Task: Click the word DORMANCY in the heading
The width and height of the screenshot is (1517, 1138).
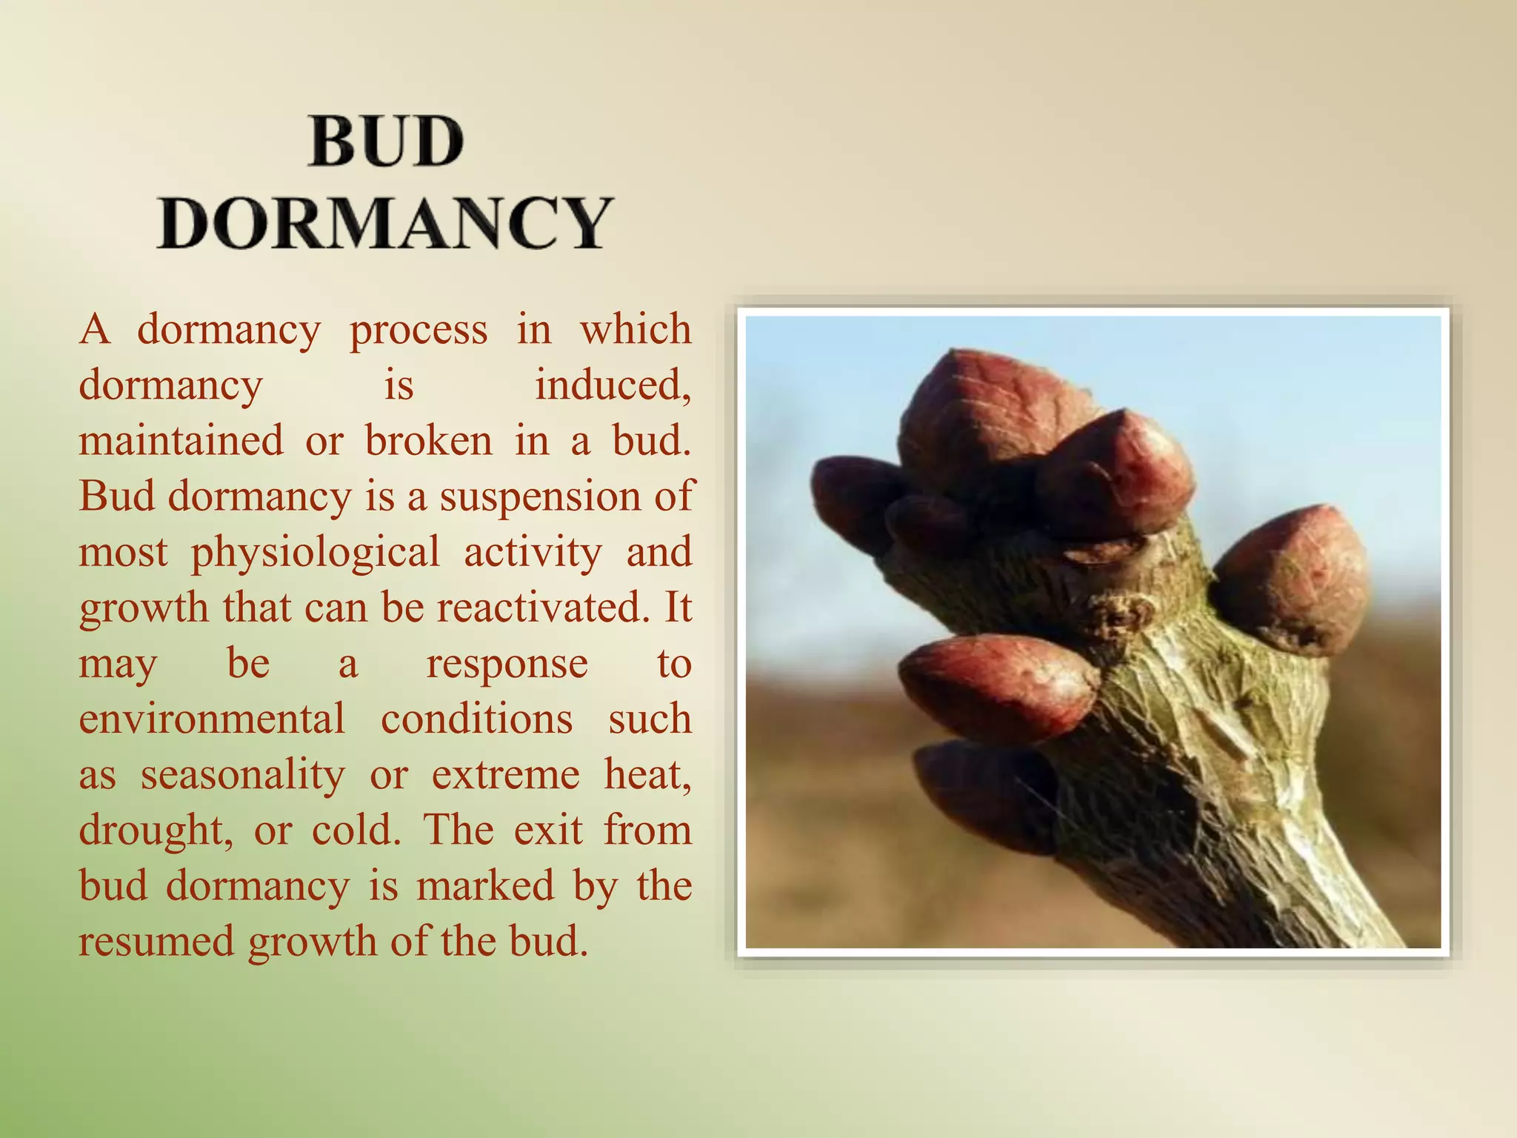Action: (x=385, y=222)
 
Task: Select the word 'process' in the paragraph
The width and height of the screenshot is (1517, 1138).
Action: (x=419, y=330)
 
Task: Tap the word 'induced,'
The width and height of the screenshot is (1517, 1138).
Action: (x=613, y=385)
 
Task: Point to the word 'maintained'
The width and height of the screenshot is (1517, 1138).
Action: (x=181, y=441)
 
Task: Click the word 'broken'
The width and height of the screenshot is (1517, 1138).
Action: (x=429, y=441)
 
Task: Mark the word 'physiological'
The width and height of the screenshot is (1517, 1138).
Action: (x=316, y=553)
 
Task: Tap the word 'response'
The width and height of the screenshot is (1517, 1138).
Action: (x=507, y=665)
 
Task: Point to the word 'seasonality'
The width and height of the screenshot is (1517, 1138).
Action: (x=243, y=776)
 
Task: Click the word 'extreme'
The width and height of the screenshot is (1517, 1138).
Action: (x=506, y=776)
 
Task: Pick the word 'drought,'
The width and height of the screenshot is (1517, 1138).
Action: (x=156, y=831)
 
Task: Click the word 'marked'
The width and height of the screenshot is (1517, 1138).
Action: (x=485, y=886)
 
